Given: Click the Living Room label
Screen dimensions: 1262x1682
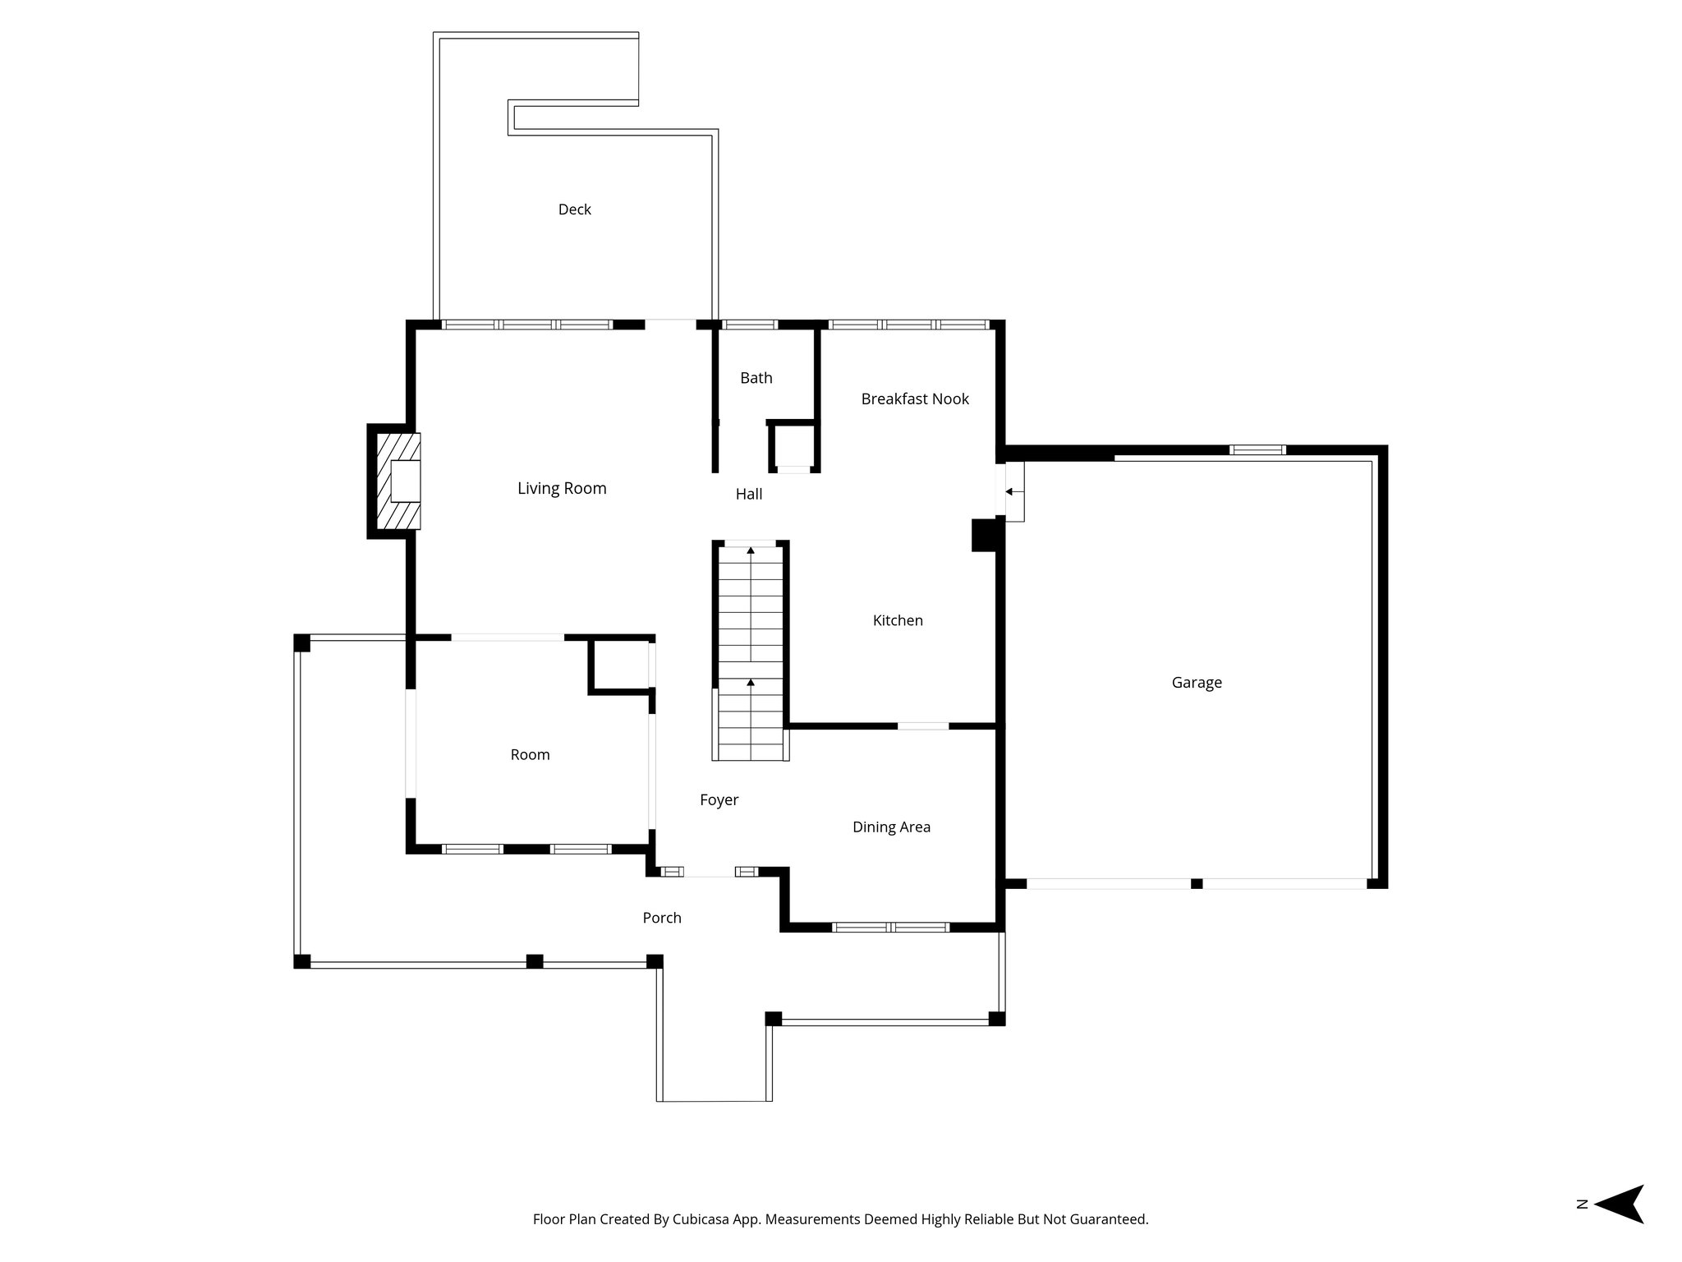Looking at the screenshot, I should point(562,488).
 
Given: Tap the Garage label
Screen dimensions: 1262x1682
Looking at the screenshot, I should point(1197,682).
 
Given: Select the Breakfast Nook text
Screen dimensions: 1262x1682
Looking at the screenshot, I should point(915,398).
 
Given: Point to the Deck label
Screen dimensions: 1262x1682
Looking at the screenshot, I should point(575,210).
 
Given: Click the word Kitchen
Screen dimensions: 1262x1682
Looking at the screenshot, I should point(898,620).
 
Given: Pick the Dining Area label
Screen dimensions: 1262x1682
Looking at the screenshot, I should point(891,827).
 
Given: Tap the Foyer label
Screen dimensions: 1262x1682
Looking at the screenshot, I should point(719,799).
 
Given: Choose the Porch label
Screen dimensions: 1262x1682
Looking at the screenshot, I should point(662,918).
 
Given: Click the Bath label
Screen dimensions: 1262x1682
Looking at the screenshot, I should point(756,378).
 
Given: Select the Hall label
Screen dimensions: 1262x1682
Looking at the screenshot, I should point(749,494).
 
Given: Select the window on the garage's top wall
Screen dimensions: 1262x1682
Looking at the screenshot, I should point(1257,449).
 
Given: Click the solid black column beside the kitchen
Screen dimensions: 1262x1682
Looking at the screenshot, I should point(984,535).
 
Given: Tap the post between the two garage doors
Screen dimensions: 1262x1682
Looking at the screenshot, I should point(1197,883).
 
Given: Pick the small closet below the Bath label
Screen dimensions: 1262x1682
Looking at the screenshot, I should point(793,447).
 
